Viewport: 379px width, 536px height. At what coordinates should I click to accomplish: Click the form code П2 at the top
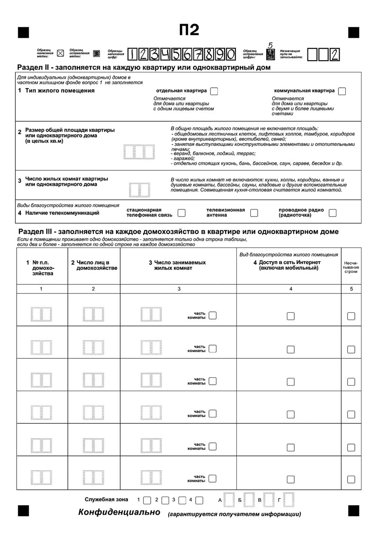pyautogui.click(x=189, y=30)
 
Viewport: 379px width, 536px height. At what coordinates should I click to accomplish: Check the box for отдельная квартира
pyautogui.click(x=214, y=91)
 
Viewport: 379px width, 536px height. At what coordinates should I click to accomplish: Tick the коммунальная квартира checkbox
pyautogui.click(x=342, y=91)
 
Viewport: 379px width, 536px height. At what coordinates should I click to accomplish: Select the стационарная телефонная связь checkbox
pyautogui.click(x=181, y=213)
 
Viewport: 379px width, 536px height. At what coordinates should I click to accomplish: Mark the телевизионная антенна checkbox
pyautogui.click(x=254, y=213)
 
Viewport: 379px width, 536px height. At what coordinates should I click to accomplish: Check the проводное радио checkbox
pyautogui.click(x=333, y=213)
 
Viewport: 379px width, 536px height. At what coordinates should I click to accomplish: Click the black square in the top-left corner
pyautogui.click(x=23, y=32)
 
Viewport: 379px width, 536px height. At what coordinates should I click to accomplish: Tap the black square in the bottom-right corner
pyautogui.click(x=353, y=510)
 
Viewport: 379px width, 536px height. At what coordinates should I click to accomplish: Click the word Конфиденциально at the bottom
pyautogui.click(x=120, y=512)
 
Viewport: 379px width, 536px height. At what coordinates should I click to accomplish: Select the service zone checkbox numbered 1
pyautogui.click(x=147, y=500)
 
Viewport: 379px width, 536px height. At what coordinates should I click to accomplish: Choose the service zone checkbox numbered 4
pyautogui.click(x=199, y=500)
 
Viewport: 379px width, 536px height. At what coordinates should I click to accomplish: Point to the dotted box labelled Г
pyautogui.click(x=289, y=500)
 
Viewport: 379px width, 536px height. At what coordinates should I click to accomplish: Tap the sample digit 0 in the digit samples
pyautogui.click(x=230, y=55)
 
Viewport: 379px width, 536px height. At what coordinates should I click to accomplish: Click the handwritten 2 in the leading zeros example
pyautogui.click(x=335, y=55)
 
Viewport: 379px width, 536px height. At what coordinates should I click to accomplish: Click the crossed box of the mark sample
pyautogui.click(x=60, y=53)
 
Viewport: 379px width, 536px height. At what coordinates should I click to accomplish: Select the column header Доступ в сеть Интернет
pyautogui.click(x=289, y=265)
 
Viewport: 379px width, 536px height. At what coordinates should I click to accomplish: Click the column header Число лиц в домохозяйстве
pyautogui.click(x=93, y=265)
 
